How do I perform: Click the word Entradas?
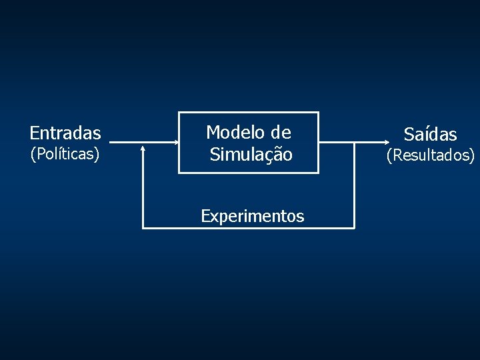(x=65, y=133)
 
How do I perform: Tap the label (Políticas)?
(x=65, y=155)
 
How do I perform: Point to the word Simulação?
(x=251, y=155)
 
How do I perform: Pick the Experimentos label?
(x=253, y=216)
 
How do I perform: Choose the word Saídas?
(x=430, y=135)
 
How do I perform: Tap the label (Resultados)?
(x=431, y=156)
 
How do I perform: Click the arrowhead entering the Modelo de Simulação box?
(x=175, y=142)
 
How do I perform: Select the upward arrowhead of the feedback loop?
(x=143, y=149)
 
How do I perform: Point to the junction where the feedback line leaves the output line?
(x=354, y=142)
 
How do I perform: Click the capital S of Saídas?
(x=409, y=135)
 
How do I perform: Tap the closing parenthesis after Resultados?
(x=472, y=156)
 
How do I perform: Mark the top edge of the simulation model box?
(x=248, y=113)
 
